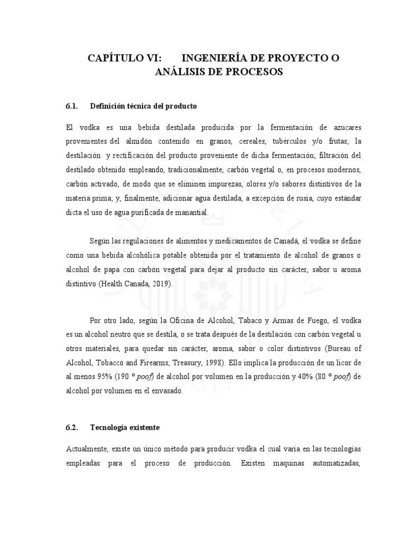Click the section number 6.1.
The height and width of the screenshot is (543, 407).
72,106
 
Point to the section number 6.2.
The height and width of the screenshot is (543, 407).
72,426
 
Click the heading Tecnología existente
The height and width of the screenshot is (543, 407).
125,426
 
